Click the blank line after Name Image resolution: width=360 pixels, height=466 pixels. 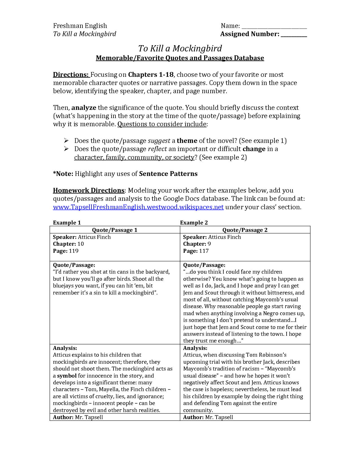[274, 27]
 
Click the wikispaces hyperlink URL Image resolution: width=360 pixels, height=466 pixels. [138, 207]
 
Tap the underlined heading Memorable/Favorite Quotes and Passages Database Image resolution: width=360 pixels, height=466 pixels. [180, 58]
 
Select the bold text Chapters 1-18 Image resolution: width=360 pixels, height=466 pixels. [151, 75]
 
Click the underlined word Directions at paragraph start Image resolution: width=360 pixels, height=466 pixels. [71, 75]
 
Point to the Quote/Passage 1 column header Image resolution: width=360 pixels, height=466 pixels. [115, 230]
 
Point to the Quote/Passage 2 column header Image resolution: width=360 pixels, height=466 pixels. [245, 230]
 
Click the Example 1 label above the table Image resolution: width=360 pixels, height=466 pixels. [67, 223]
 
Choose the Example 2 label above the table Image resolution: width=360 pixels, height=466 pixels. [194, 223]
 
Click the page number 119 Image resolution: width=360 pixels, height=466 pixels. [74, 251]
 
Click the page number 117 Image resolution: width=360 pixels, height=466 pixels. [204, 251]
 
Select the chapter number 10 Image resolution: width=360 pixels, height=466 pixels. [80, 244]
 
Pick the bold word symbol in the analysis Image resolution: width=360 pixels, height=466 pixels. [67, 376]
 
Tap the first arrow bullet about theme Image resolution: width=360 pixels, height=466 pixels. [66, 141]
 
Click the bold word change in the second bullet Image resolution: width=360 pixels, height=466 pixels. [254, 149]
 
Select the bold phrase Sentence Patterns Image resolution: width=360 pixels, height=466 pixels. [168, 174]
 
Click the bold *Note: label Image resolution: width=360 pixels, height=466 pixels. [63, 174]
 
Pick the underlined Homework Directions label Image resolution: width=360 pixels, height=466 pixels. [89, 190]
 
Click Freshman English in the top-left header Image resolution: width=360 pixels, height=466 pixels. [80, 26]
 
